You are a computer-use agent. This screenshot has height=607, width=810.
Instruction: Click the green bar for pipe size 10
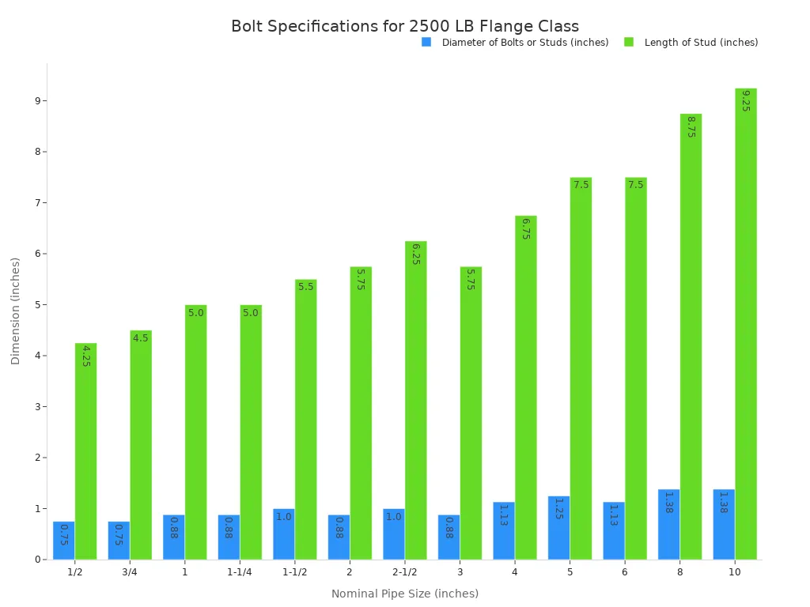745,324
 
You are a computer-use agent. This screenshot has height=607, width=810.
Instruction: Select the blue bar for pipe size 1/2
64,541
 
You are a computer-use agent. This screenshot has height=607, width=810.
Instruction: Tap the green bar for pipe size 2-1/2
415,400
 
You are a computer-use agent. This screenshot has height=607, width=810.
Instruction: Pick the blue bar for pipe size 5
558,528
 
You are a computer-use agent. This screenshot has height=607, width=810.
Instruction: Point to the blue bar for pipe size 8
668,524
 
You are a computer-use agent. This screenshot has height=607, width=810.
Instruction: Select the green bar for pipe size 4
525,387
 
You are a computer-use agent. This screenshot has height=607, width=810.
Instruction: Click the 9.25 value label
746,100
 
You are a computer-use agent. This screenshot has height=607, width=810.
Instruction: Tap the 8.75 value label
691,126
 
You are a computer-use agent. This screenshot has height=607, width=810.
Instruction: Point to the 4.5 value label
141,338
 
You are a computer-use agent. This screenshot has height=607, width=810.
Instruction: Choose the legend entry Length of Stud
701,43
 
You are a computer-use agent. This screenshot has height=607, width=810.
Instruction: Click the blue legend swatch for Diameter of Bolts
426,42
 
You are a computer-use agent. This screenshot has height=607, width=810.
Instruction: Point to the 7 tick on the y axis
36,203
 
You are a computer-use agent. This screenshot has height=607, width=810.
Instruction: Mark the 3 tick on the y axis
36,407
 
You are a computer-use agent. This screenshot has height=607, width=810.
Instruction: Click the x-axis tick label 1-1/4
240,572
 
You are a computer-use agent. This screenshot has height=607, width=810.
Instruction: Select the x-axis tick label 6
625,572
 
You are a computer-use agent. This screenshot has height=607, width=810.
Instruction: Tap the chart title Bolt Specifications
405,26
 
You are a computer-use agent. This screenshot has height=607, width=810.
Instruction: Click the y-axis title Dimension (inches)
16,311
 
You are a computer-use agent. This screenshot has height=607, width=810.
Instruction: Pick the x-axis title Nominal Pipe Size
405,594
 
